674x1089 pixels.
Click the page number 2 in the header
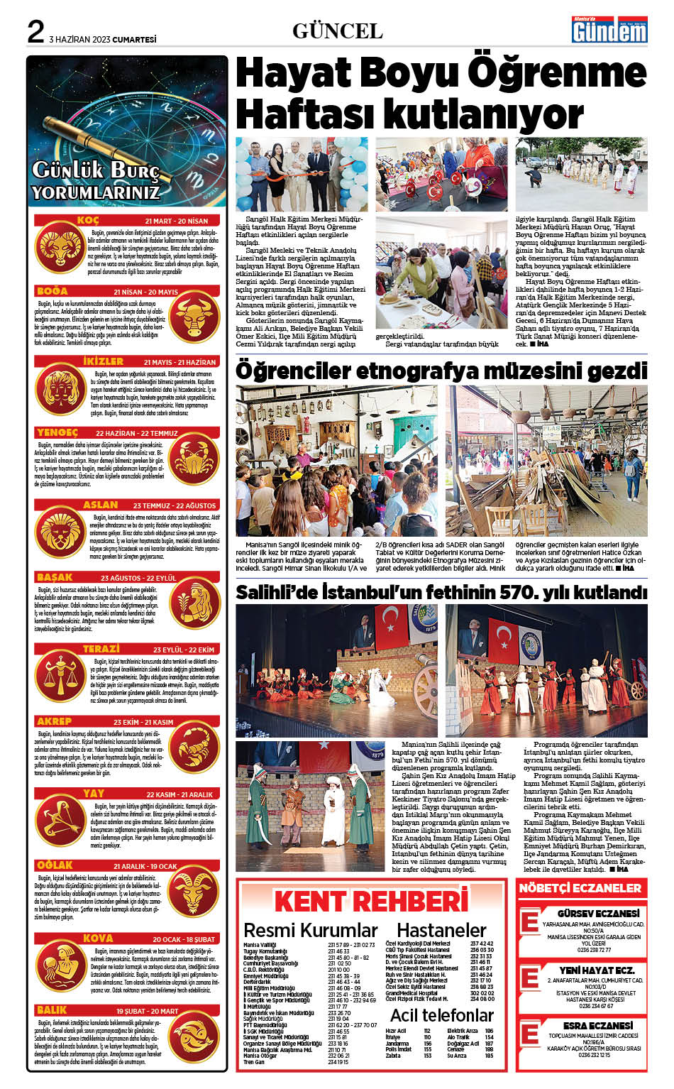coord(35,33)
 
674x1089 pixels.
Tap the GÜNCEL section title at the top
coord(337,31)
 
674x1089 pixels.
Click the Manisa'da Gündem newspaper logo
coord(609,30)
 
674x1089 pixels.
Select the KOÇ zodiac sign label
coord(88,221)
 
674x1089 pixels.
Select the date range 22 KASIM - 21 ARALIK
coord(179,794)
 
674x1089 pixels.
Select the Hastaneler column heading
coord(441,930)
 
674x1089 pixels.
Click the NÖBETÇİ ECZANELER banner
coord(580,888)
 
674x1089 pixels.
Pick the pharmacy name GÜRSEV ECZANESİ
coord(598,913)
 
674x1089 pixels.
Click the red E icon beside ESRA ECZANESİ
coord(529,1034)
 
